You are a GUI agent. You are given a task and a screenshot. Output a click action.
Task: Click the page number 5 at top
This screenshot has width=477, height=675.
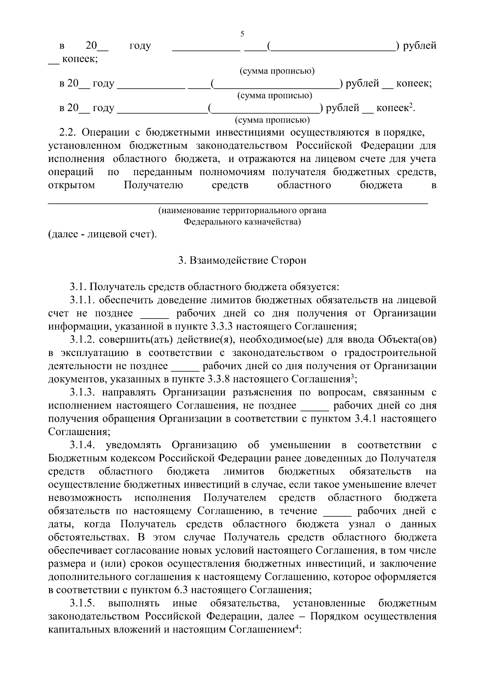coord(242,34)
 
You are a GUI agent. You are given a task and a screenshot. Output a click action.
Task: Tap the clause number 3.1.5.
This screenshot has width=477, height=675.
coord(82,603)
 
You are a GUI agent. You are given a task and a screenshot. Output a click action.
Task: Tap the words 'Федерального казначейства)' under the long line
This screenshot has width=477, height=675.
coord(242,222)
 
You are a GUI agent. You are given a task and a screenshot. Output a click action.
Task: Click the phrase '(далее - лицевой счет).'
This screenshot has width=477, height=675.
coord(103,234)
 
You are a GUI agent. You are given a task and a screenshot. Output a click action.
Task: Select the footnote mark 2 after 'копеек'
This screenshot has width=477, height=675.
coord(412,105)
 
